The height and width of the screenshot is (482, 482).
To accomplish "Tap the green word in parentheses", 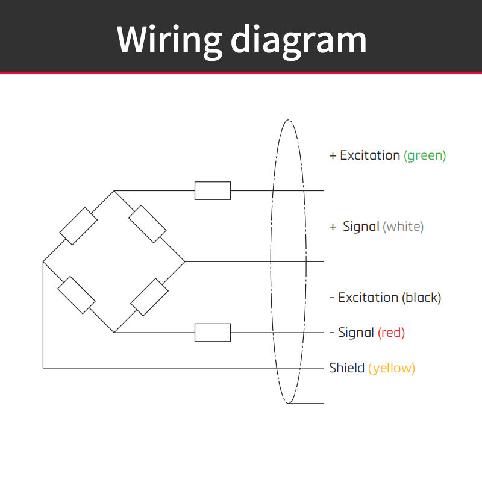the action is coord(425,156).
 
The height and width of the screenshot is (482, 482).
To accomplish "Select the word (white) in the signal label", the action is coord(403,227).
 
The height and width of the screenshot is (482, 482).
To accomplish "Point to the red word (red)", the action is coord(391,333).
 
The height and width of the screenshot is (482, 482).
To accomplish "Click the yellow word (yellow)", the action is coord(392,368).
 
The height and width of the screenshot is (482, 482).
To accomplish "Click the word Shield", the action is coord(347,368).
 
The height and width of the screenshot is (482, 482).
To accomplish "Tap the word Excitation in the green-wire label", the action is coord(370,155).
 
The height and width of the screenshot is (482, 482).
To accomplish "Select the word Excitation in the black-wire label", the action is coord(368,297).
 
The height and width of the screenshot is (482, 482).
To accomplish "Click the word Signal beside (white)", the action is coord(361,227).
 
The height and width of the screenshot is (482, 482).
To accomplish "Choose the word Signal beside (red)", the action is coord(356,333).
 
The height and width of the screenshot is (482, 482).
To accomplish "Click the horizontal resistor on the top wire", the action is coord(213,190).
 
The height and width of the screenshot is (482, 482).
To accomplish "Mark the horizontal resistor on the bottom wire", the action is coord(213,333).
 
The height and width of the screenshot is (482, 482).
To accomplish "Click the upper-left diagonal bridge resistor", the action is coord(78,226).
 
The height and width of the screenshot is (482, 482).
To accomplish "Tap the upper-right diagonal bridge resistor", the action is coord(147,224).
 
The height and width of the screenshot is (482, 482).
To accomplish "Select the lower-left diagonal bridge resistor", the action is coord(77,295).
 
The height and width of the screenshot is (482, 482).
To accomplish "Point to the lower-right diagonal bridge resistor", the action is coord(149,297).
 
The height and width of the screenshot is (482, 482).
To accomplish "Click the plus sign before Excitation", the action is coord(333,156).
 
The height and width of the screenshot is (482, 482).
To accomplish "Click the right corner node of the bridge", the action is coord(185,261).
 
